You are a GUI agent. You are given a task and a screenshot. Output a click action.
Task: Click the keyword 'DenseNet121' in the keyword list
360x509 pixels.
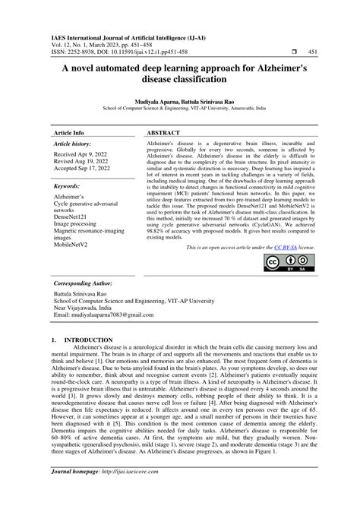tap(71, 217)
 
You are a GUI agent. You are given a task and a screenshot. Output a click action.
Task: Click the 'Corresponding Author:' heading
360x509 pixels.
tap(83, 282)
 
